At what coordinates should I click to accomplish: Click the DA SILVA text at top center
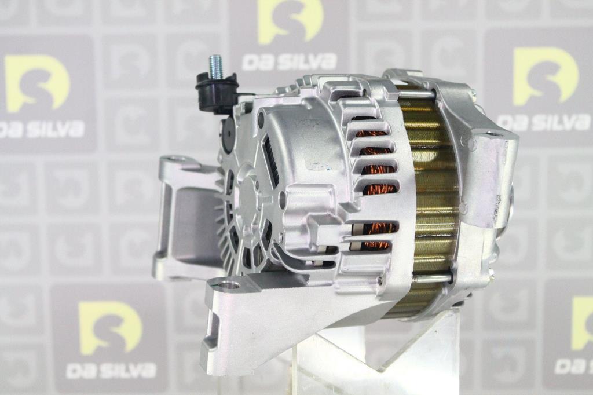point(290,61)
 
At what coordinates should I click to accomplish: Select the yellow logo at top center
point(291,21)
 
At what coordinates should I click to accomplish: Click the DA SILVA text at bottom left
point(111,371)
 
